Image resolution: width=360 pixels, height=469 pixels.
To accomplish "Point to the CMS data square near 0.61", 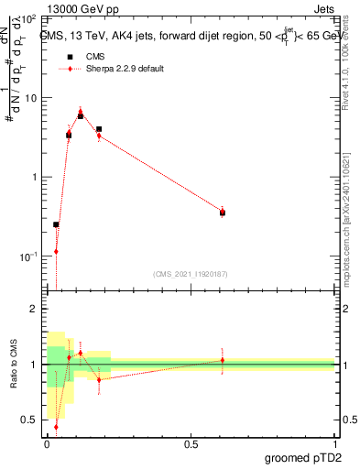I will [223, 213].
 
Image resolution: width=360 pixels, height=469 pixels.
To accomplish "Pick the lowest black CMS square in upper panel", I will [56, 224].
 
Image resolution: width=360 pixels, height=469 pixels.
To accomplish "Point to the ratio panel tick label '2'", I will [32, 310].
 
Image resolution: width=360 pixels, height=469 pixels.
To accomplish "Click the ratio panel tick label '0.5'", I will [27, 420].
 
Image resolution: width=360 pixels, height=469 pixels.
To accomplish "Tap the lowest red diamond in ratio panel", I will [56, 426].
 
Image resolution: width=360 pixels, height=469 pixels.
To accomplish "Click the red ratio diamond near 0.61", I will [223, 360].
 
